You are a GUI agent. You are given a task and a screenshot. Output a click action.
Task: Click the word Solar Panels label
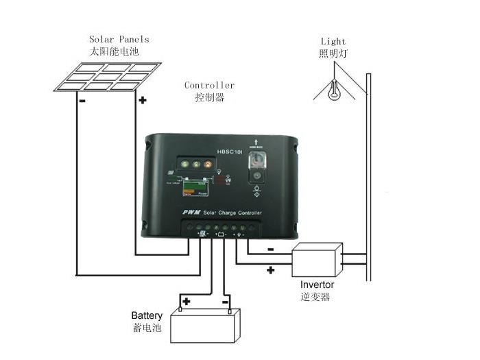(x=119, y=39)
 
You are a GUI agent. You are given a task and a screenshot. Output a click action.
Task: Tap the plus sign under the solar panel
(x=143, y=100)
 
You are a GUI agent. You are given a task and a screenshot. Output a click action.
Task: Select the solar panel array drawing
(x=108, y=77)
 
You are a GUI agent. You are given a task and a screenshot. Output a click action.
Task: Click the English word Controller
(x=209, y=85)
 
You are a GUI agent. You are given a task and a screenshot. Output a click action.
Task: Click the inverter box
(x=317, y=260)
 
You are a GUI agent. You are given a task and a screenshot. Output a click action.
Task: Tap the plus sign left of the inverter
(x=270, y=270)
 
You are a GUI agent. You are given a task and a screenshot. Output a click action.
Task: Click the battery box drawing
(x=206, y=325)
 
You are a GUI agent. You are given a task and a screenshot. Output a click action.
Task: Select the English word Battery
(x=147, y=315)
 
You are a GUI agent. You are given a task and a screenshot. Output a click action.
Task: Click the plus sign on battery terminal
(x=185, y=301)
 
